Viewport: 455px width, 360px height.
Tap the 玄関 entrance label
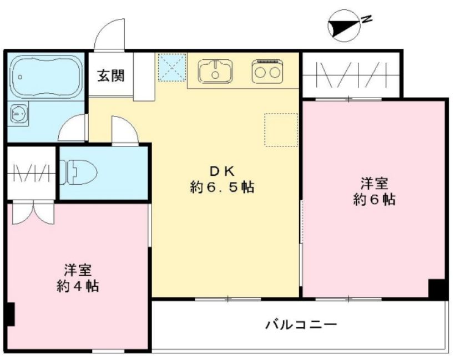111,75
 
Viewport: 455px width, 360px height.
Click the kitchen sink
215,71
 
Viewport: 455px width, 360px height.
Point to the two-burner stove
267,70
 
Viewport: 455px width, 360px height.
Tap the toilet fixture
80,172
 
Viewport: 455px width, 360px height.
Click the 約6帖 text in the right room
375,200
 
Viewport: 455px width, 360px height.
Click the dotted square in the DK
281,130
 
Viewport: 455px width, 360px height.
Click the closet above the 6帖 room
350,74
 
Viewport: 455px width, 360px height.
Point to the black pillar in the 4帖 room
9,315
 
